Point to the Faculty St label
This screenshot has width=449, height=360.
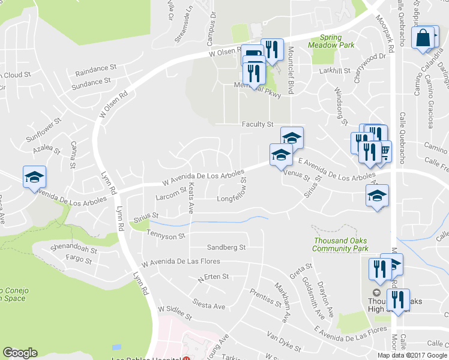tap(258, 124)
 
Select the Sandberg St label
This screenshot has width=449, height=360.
tap(226, 247)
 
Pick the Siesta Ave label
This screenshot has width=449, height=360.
tap(209, 307)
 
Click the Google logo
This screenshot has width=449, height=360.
tap(20, 353)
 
